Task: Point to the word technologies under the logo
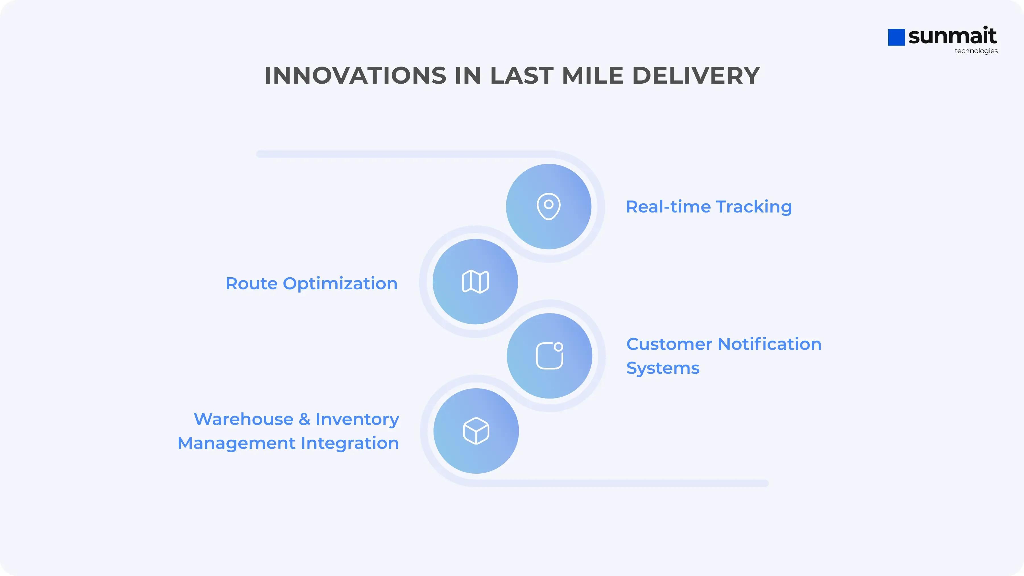point(976,51)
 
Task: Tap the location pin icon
point(549,206)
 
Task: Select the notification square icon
point(550,355)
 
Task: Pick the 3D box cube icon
point(476,431)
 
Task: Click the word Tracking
point(754,207)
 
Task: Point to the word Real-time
point(668,207)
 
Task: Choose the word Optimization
point(340,284)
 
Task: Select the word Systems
point(663,368)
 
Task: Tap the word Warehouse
point(243,419)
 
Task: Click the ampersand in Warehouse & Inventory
point(304,419)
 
